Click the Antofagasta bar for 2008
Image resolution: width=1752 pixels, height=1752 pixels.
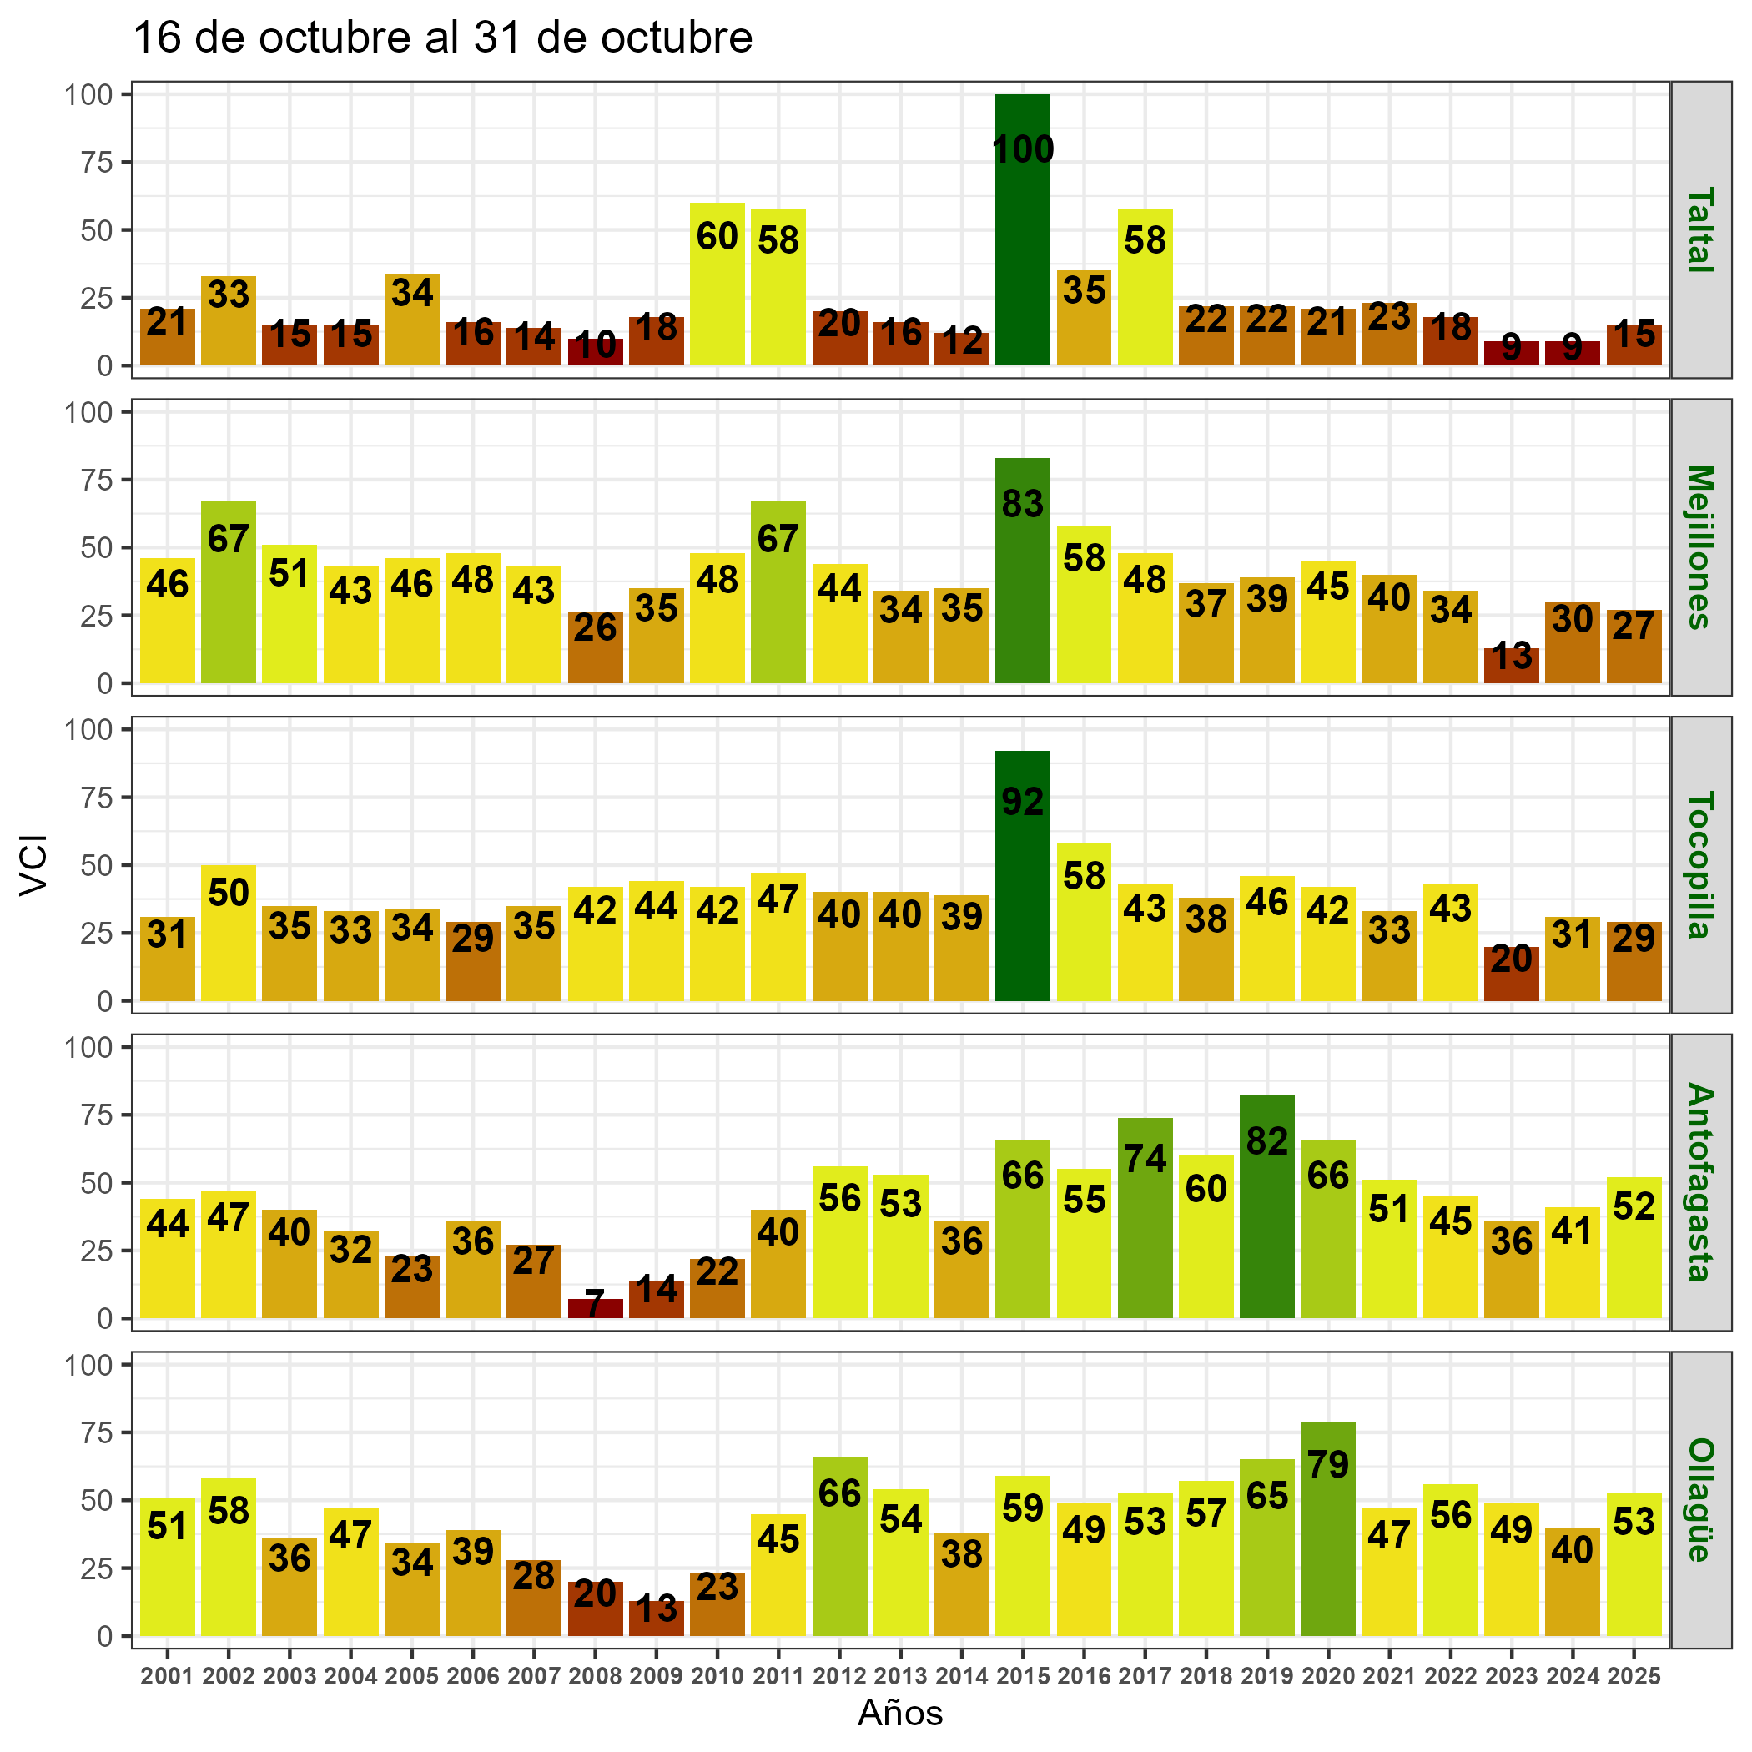point(596,1308)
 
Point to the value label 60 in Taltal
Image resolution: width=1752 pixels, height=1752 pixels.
point(717,237)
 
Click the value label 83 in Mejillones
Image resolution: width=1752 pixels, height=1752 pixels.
point(1022,504)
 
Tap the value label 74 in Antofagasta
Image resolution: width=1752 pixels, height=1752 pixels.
point(1145,1159)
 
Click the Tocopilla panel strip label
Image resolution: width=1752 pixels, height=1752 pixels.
point(1701,864)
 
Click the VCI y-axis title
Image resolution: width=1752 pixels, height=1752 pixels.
point(33,864)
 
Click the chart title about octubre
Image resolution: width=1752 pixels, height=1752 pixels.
point(442,39)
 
